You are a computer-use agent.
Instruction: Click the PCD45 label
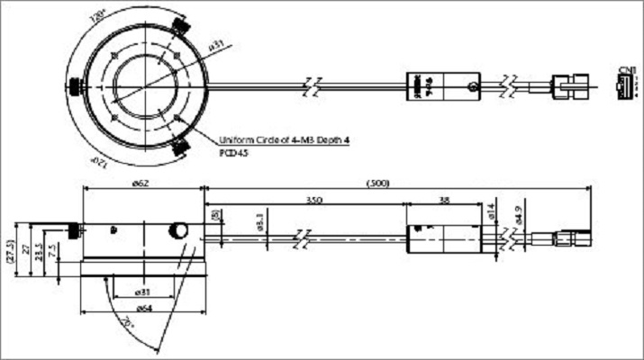click(232, 153)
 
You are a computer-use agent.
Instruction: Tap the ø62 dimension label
click(141, 183)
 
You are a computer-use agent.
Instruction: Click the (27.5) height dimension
click(8, 250)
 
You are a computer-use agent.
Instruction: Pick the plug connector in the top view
click(570, 87)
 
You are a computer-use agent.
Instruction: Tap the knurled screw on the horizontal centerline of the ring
click(74, 87)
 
